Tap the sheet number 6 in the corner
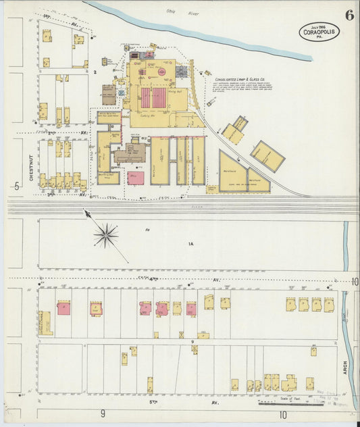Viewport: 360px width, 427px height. click(x=349, y=16)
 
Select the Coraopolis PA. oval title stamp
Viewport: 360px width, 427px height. click(x=319, y=32)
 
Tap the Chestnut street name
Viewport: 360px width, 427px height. click(x=31, y=169)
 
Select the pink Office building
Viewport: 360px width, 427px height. click(x=136, y=178)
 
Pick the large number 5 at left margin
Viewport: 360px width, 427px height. click(x=15, y=186)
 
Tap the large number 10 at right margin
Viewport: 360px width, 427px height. click(x=355, y=282)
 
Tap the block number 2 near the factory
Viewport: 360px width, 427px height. click(x=96, y=70)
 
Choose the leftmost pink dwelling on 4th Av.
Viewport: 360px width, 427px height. click(x=64, y=309)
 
